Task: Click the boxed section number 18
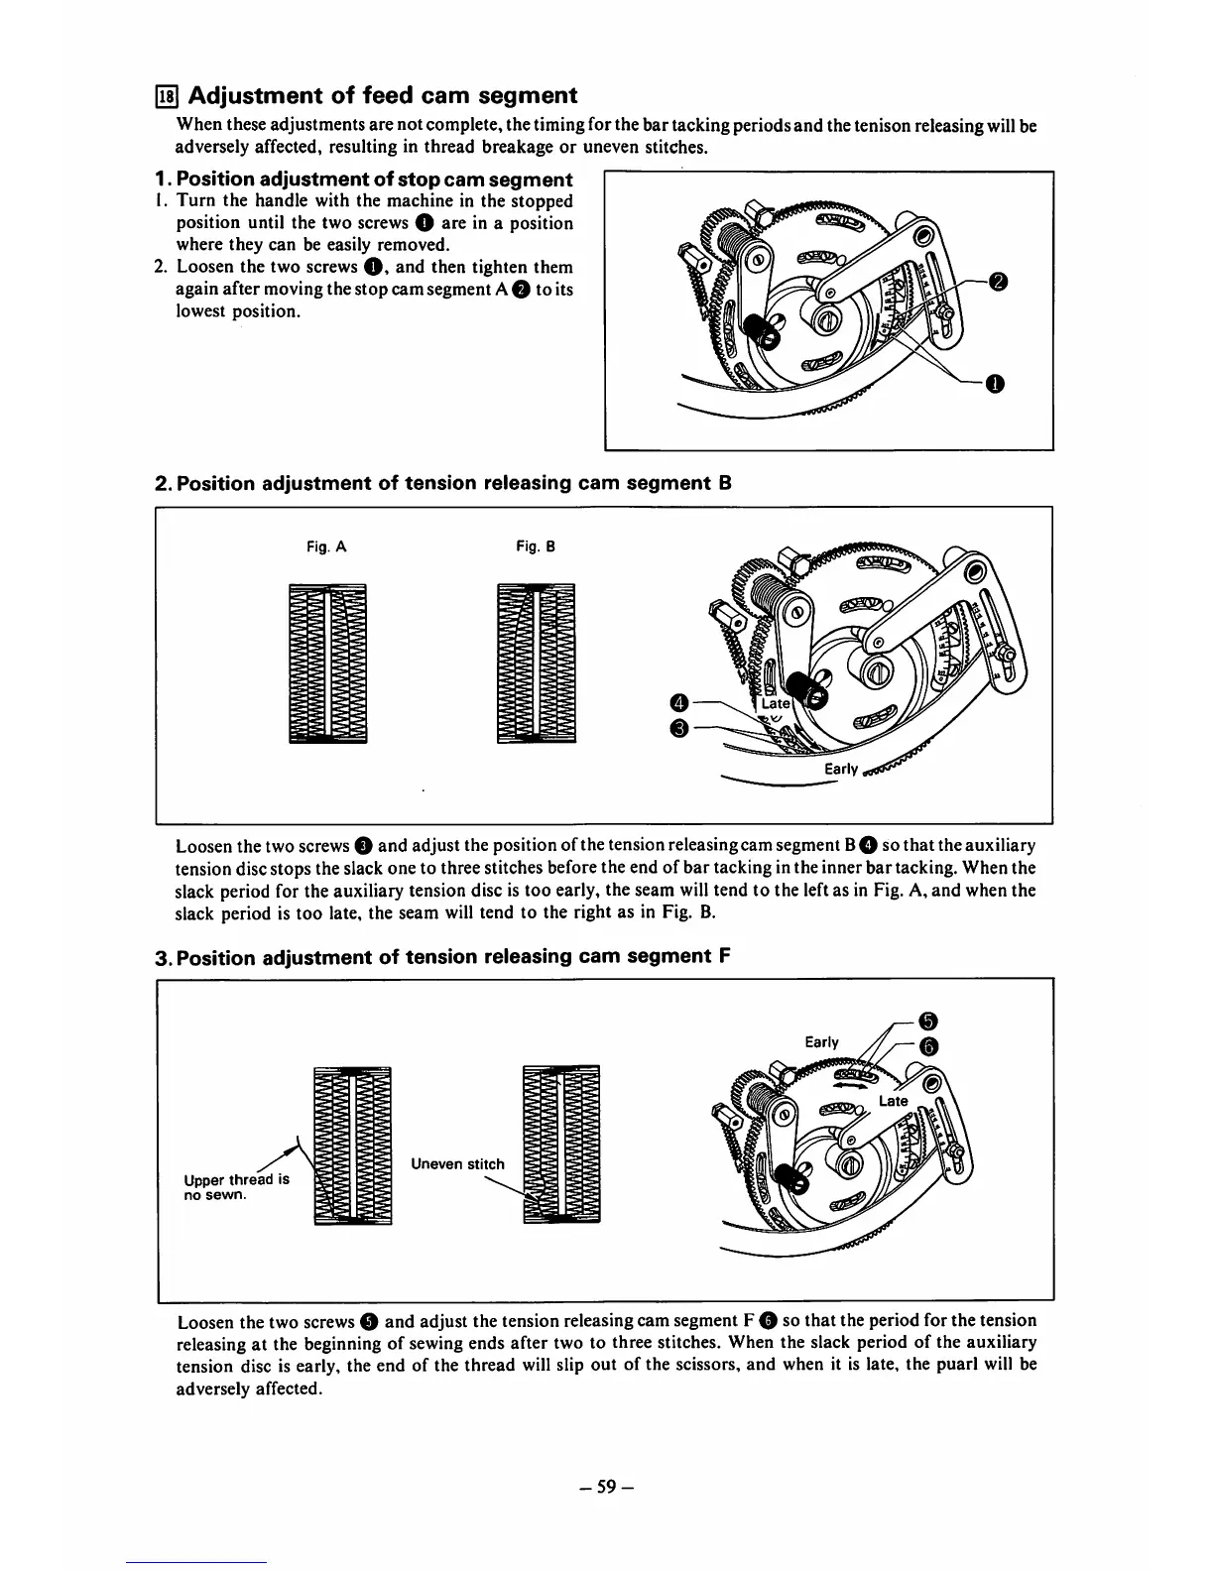[x=167, y=96]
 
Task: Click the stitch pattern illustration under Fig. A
[x=327, y=663]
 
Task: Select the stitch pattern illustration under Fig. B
[x=536, y=663]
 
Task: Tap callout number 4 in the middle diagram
[x=678, y=703]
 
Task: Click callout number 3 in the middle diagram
[x=678, y=731]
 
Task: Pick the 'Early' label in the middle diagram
[x=841, y=771]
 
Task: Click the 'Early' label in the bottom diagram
[x=821, y=1041]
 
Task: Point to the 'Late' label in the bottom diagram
[x=893, y=1101]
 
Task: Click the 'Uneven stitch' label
[x=457, y=1164]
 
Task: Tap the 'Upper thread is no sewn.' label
[x=237, y=1187]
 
